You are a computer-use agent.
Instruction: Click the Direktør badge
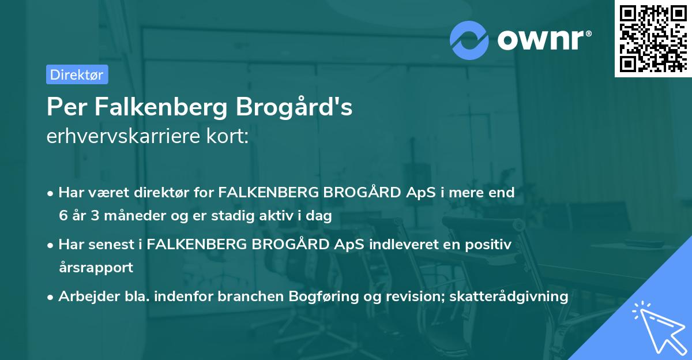pyautogui.click(x=77, y=74)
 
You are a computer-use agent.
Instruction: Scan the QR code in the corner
pyautogui.click(x=652, y=38)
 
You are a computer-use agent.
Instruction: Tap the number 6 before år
pyautogui.click(x=62, y=216)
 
